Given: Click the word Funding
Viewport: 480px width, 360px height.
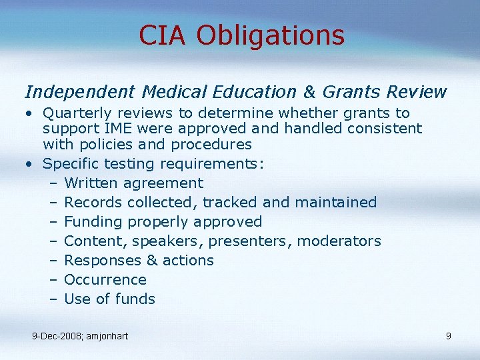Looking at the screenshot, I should click(92, 221).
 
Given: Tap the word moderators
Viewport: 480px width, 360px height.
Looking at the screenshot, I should click(339, 241).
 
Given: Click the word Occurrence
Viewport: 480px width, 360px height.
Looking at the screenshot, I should click(105, 279).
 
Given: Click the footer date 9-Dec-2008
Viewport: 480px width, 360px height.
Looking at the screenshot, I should click(56, 336).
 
